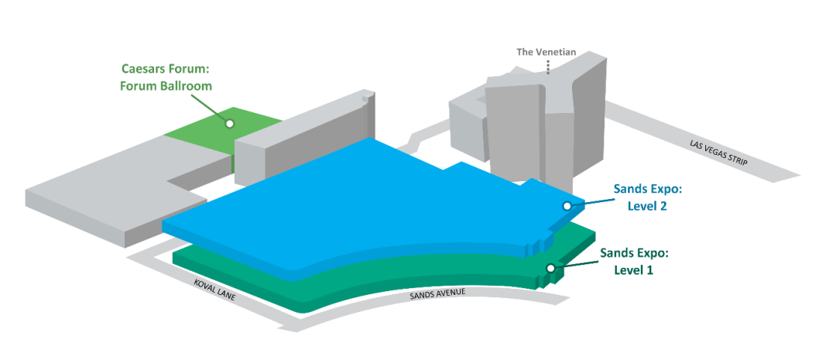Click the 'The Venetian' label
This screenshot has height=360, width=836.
pos(547,53)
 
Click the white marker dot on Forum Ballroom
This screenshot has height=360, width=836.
pos(229,122)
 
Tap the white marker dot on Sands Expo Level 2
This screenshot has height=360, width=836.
pos(567,206)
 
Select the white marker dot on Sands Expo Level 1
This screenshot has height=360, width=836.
pos(550,268)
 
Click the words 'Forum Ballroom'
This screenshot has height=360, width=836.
pos(166,85)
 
